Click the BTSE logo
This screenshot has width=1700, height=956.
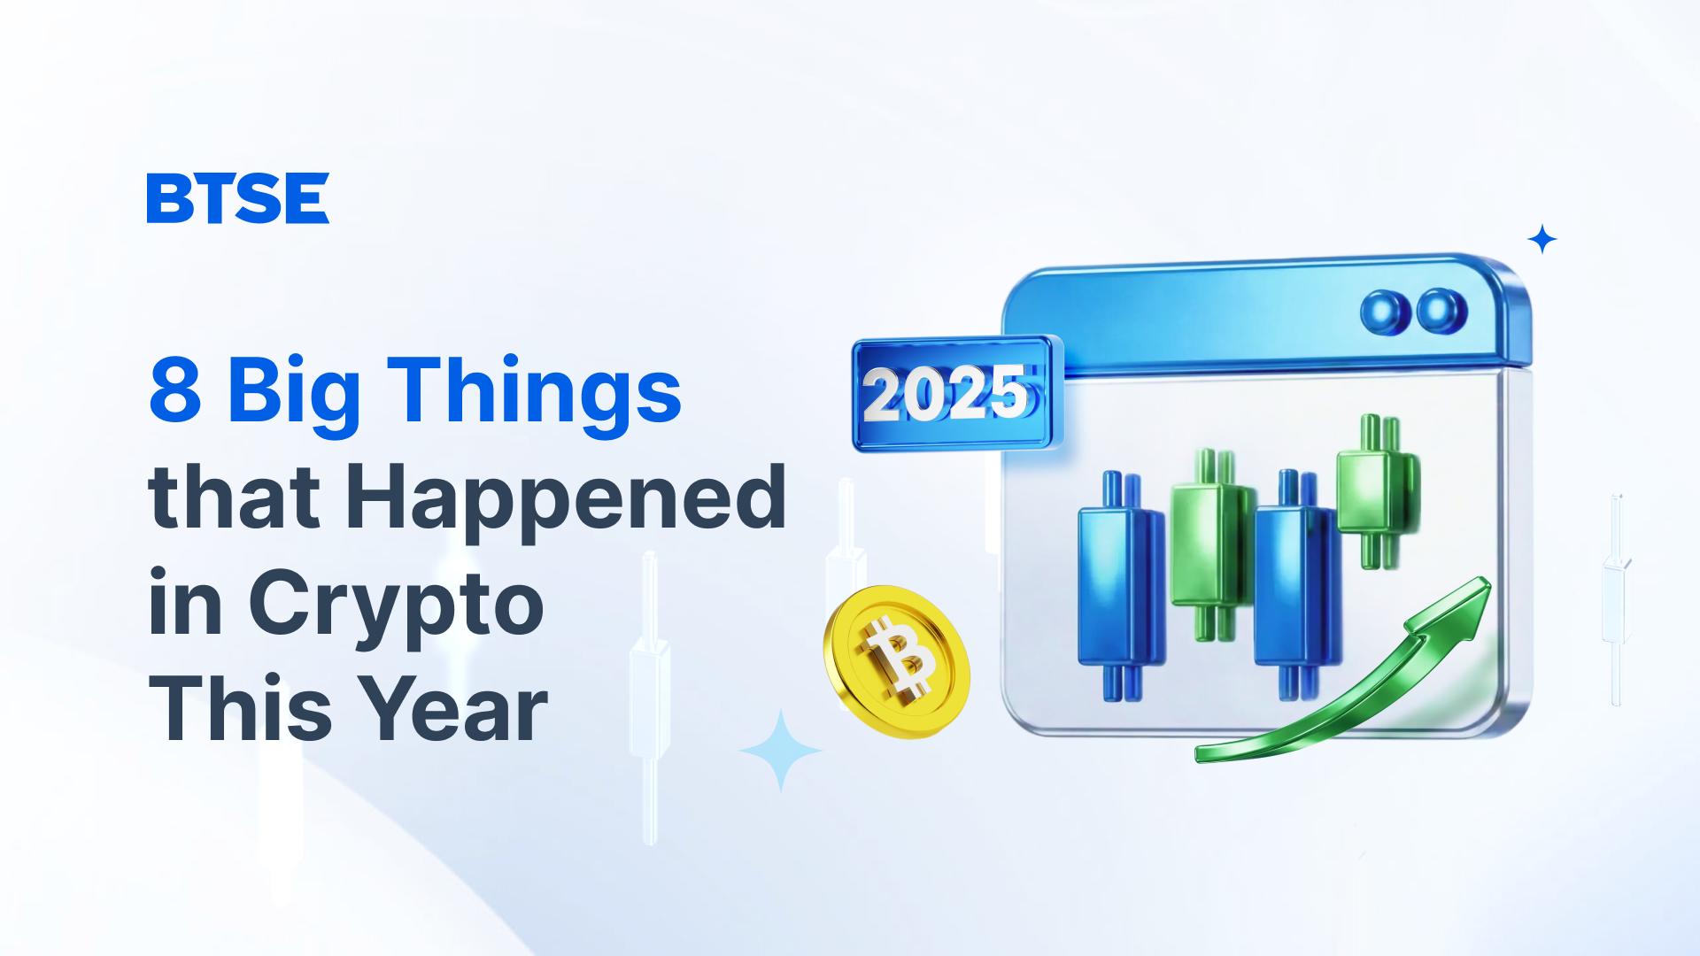click(x=237, y=198)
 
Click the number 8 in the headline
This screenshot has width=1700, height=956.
click(x=175, y=389)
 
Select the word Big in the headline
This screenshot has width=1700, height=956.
click(x=294, y=396)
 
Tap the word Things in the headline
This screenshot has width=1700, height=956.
click(x=534, y=396)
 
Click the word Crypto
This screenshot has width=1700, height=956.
click(x=396, y=608)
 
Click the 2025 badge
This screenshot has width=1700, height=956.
click(x=956, y=393)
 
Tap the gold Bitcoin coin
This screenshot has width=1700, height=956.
click(x=896, y=661)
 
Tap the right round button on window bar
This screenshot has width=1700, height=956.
click(x=1441, y=311)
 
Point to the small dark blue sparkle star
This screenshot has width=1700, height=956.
click(x=1542, y=239)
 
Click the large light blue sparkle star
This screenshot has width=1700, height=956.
click(x=781, y=751)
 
